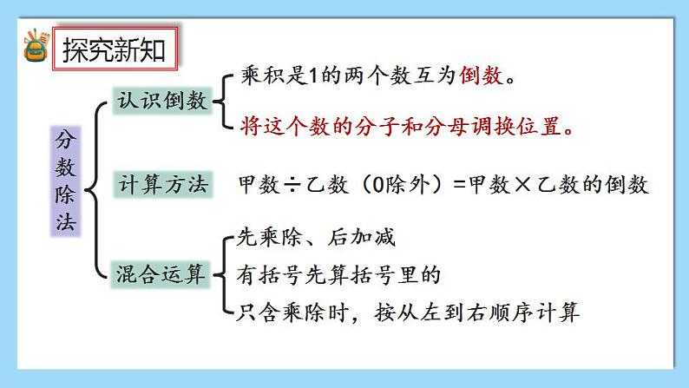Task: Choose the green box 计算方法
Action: click(x=163, y=184)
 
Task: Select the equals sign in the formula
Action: click(x=459, y=184)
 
